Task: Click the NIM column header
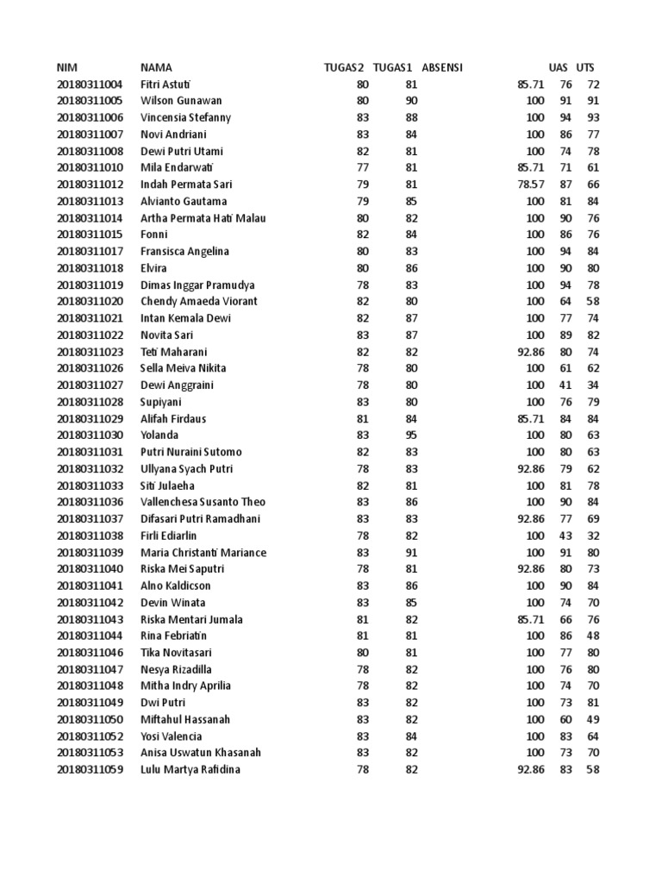[66, 67]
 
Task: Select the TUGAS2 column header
[343, 67]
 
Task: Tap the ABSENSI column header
[442, 67]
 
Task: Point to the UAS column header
[559, 67]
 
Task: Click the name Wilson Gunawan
[181, 101]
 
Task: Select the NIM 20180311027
[91, 385]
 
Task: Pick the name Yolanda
[159, 435]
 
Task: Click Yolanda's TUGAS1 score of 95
[411, 435]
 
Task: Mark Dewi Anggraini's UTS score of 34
[593, 385]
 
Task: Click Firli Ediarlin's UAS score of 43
[565, 535]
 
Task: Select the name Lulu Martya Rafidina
[190, 769]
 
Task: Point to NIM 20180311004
[91, 85]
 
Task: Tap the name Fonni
[153, 235]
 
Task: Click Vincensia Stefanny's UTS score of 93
[593, 117]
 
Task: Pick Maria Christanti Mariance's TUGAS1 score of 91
[411, 553]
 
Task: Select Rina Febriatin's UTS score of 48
[593, 636]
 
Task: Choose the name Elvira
[154, 268]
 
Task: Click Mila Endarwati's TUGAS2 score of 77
[362, 167]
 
